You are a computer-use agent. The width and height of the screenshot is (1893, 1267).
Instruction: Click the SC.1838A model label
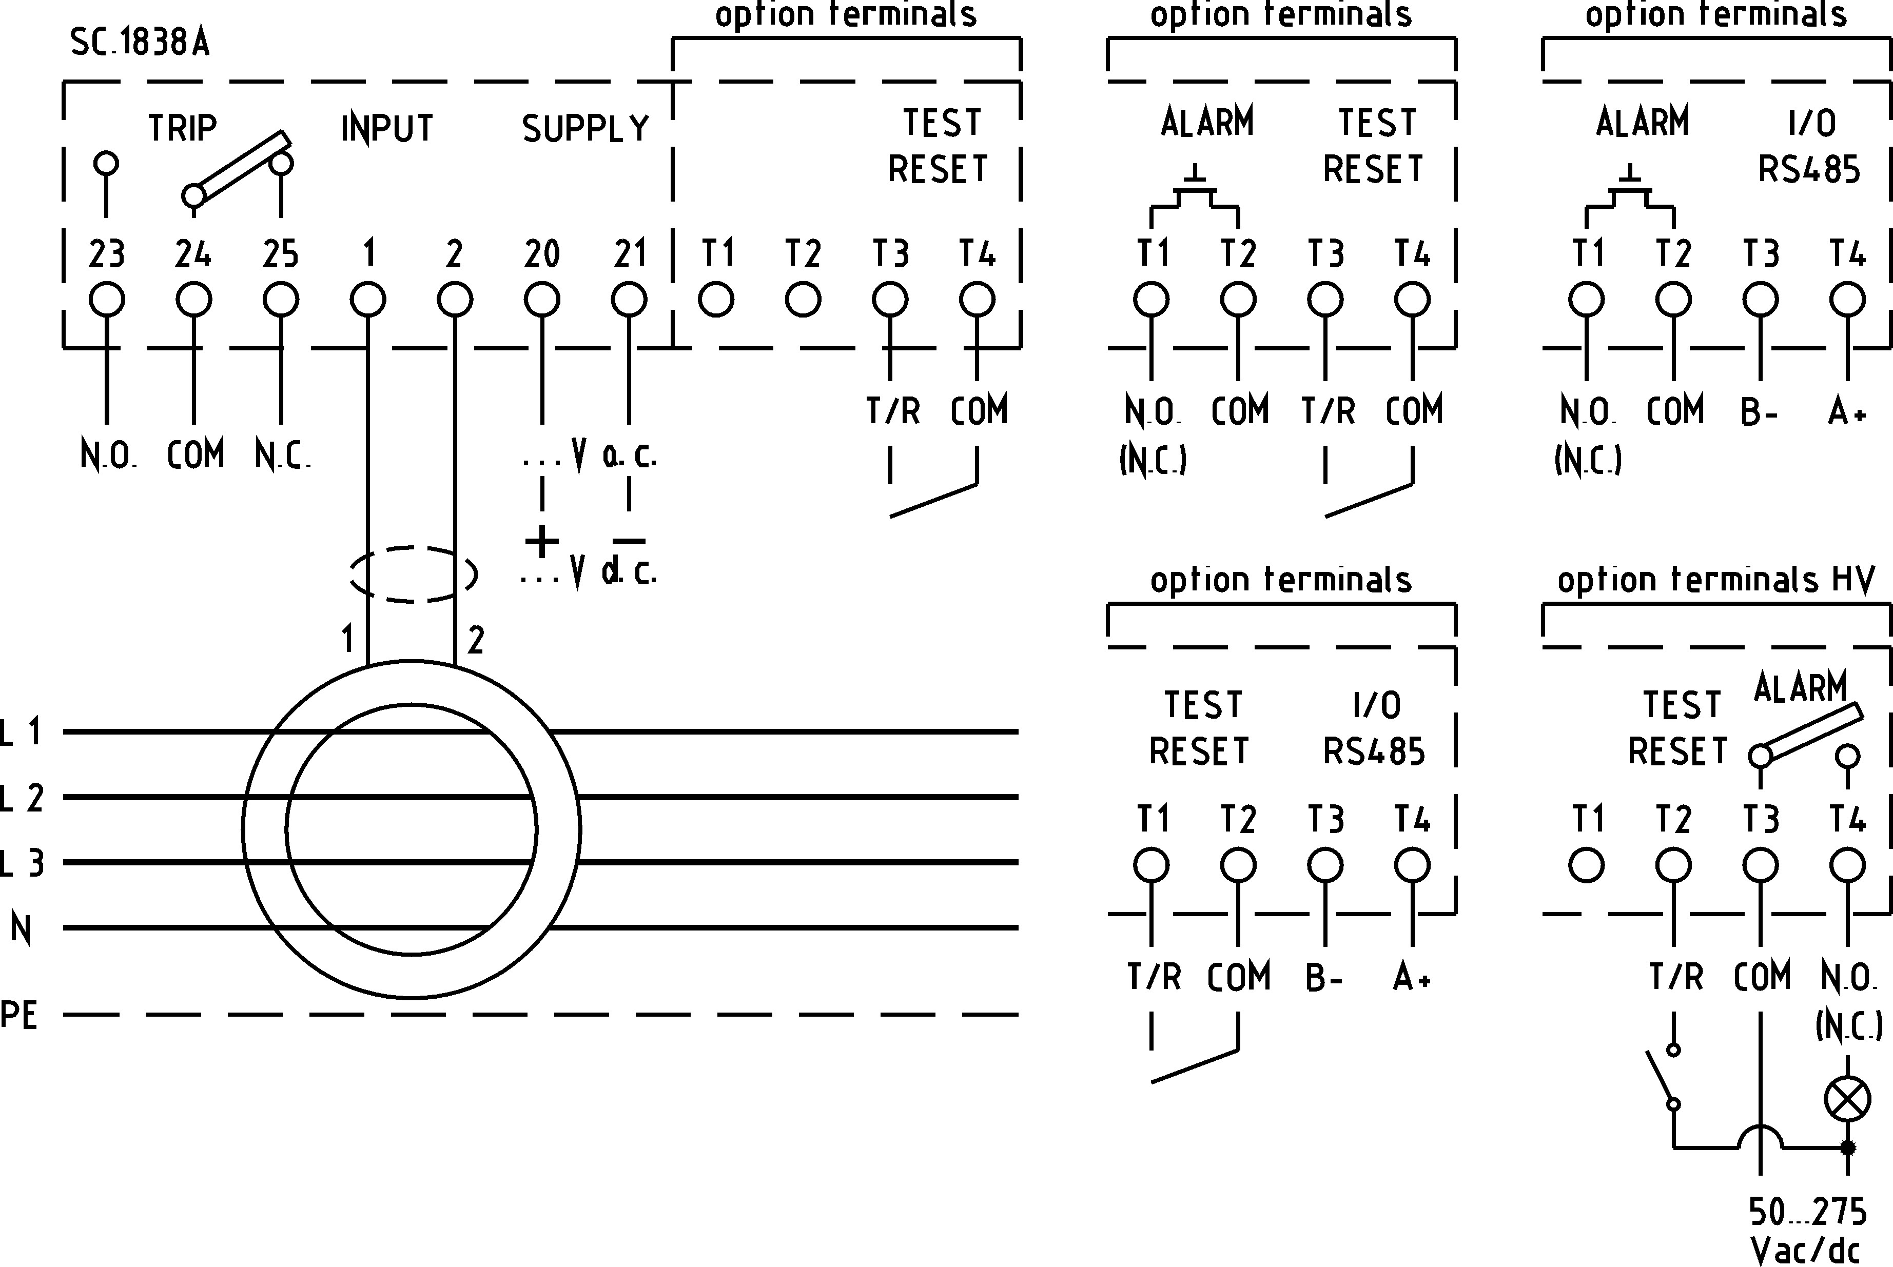(140, 42)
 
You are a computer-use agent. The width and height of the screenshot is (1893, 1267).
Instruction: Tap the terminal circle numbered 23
(107, 300)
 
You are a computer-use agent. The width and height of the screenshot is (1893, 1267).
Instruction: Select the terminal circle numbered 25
(281, 300)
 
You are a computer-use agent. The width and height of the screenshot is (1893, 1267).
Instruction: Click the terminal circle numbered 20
(541, 300)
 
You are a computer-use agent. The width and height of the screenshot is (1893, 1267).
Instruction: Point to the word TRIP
(183, 128)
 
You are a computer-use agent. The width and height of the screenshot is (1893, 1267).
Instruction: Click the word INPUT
(387, 128)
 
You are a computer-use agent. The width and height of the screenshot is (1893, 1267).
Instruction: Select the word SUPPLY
(585, 128)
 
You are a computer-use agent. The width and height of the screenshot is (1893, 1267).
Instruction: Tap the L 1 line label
(21, 732)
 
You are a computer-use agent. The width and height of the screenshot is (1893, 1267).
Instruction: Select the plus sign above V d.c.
(541, 541)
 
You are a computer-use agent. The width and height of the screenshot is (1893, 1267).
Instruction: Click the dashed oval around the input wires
(412, 575)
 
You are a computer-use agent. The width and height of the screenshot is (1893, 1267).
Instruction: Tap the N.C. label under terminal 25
(282, 456)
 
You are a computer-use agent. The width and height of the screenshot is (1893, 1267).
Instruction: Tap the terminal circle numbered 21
(629, 300)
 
